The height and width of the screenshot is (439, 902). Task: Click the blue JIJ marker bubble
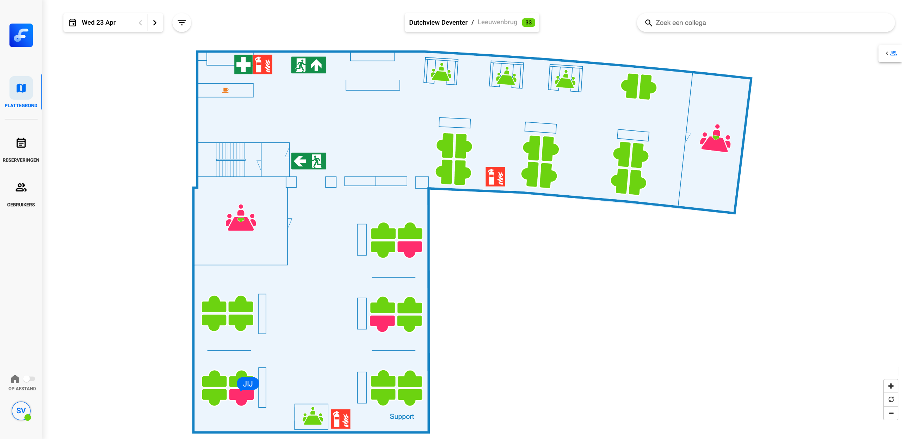coord(248,384)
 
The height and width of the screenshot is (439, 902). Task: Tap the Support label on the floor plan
coord(402,416)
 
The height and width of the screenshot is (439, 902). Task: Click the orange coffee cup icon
coord(225,90)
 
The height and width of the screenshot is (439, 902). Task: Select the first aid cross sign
coord(243,65)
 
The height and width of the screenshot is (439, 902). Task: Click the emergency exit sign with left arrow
coord(309,161)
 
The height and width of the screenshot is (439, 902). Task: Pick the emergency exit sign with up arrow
coord(309,65)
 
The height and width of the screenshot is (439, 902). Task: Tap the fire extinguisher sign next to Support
coord(341,419)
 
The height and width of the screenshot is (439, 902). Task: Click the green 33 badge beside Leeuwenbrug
coord(528,23)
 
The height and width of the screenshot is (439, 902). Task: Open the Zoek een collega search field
coord(768,23)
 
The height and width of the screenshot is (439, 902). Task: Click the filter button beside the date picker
coord(182,23)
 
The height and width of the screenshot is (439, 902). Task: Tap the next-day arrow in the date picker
coord(155,23)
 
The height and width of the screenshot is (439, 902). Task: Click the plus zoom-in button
coord(891,386)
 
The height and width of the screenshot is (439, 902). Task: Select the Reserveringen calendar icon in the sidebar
coord(21,143)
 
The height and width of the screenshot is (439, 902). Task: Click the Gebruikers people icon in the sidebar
coord(21,188)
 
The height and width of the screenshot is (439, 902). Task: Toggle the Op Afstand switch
coord(29,379)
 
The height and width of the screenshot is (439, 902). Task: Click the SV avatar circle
coord(21,411)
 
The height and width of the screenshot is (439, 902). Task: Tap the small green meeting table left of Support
coord(312,417)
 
